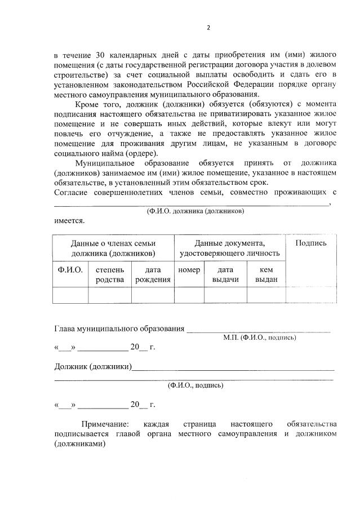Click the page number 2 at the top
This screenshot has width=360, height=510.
208,28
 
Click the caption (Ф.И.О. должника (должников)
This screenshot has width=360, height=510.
195,211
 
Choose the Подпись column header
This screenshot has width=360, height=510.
311,243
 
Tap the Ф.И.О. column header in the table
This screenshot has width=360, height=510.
70,270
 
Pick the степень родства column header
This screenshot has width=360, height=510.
110,274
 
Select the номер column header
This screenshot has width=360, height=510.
189,270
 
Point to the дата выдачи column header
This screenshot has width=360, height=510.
225,274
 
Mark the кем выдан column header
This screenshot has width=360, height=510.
266,274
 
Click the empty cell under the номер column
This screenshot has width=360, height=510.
189,295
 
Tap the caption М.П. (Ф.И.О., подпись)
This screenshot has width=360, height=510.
259,338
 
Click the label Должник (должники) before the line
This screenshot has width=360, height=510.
93,367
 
